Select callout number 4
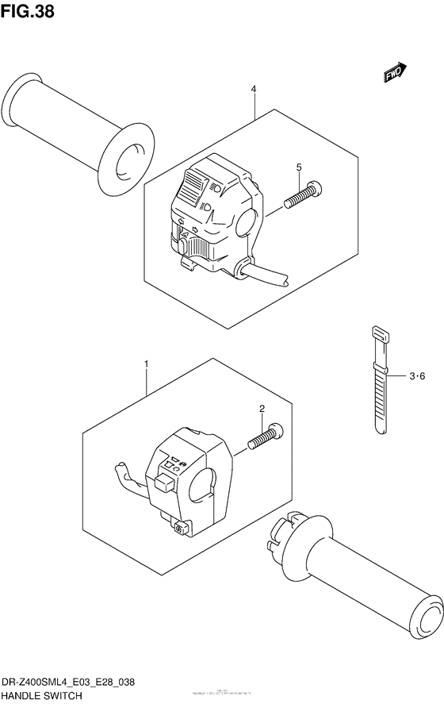[x=254, y=90]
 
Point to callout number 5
[x=299, y=167]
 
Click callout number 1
[x=146, y=364]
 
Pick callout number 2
[x=261, y=409]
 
